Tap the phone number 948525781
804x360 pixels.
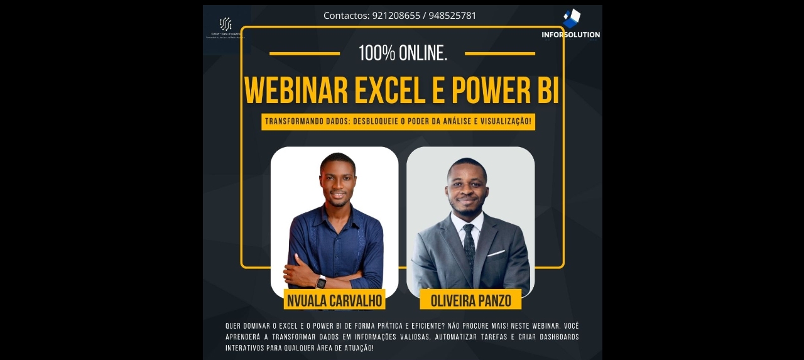point(452,16)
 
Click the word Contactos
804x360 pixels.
point(345,16)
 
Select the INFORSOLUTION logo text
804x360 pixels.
point(570,35)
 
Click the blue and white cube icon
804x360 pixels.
point(572,18)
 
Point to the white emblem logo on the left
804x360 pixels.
point(225,24)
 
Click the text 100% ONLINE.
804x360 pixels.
point(403,53)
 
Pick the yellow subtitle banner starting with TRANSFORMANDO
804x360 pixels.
point(398,122)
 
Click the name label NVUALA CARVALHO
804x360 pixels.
point(334,301)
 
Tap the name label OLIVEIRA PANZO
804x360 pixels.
point(470,301)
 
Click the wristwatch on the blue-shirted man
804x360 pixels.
point(321,281)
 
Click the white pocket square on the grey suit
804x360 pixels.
point(496,253)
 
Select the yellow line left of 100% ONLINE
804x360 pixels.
point(305,54)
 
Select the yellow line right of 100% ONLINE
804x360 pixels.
point(500,54)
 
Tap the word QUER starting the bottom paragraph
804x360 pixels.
point(232,326)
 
